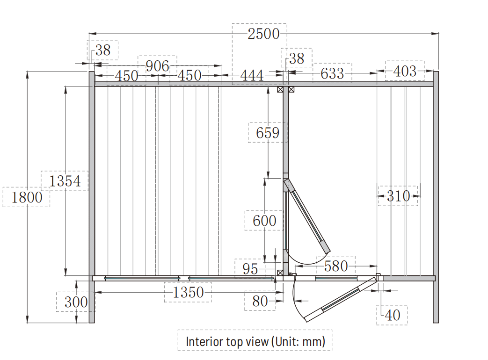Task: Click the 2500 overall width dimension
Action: (x=263, y=34)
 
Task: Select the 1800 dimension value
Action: (x=27, y=197)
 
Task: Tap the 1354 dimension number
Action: (x=65, y=181)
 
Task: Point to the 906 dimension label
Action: (x=158, y=66)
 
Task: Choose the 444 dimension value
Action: (x=252, y=75)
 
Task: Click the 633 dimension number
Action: (x=332, y=74)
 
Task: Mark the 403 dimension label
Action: (x=405, y=71)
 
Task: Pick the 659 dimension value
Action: (x=268, y=133)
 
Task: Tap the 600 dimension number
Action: (x=264, y=221)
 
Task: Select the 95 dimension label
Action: (x=250, y=269)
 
